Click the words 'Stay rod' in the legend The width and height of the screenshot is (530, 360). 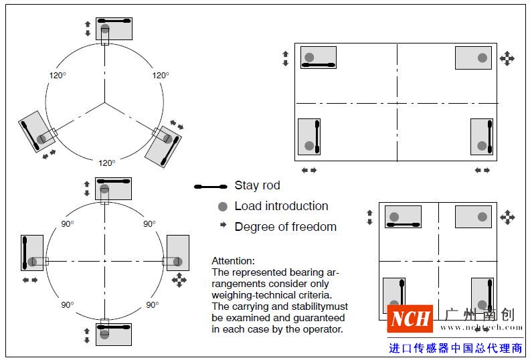click(257, 185)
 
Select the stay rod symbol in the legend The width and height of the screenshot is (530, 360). click(210, 187)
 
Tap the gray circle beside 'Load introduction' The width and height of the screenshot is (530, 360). click(223, 207)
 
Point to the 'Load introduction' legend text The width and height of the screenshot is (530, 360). click(281, 206)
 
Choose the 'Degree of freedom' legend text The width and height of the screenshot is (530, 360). click(285, 227)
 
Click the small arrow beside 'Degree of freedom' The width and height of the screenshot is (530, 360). click(223, 226)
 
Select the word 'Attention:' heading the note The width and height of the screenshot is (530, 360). click(234, 261)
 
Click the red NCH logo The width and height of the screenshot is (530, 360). click(410, 319)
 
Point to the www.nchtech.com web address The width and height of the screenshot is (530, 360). click(477, 327)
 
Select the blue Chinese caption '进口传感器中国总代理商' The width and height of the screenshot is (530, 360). click(456, 348)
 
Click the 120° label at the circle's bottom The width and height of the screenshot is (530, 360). click(106, 163)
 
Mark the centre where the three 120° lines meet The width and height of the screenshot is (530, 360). click(104, 102)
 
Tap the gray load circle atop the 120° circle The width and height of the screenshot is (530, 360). click(105, 29)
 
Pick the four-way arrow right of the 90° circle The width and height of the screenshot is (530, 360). click(179, 279)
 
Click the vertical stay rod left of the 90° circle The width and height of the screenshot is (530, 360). click(23, 252)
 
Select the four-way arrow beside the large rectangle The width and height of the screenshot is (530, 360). click(507, 58)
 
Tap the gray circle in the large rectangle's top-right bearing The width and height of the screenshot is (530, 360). click(482, 58)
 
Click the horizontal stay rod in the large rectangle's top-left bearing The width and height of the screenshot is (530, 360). click(319, 65)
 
